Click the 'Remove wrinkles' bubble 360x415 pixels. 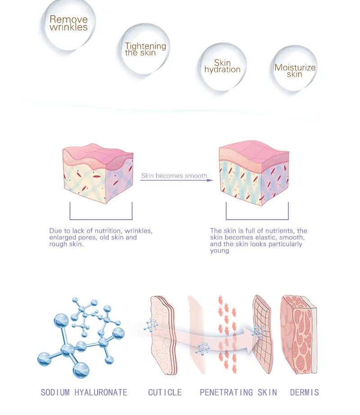tap(68, 23)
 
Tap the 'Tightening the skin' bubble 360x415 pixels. tap(145, 49)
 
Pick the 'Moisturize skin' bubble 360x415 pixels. tap(295, 70)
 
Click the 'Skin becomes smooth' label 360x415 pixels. tap(174, 176)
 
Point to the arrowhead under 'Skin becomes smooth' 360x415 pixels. tap(210, 180)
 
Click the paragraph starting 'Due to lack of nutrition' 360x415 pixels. tap(101, 237)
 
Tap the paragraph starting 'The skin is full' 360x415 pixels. tap(258, 241)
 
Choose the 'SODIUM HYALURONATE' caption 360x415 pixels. tap(84, 392)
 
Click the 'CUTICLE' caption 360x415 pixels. tap(165, 392)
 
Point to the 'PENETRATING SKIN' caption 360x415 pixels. tap(238, 392)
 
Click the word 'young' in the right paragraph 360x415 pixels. tap(220, 251)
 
